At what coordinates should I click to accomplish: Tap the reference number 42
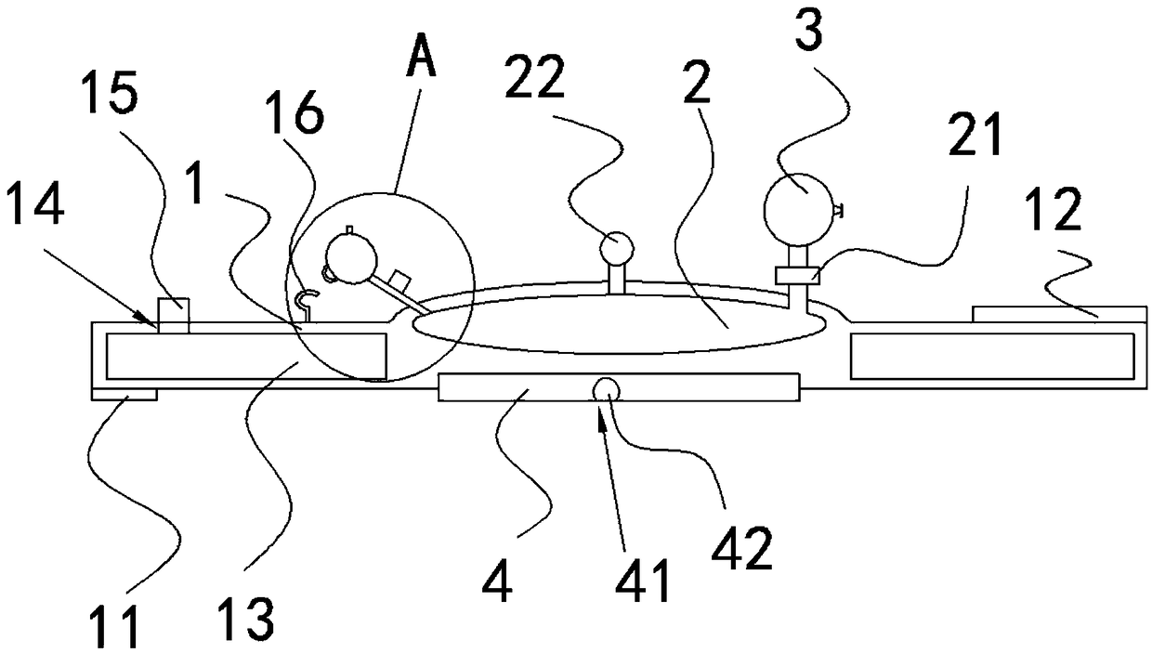(741, 549)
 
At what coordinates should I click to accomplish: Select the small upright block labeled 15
(174, 314)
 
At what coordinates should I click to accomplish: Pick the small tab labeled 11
(124, 396)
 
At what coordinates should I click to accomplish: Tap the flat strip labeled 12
(1058, 313)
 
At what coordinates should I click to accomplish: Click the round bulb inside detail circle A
(350, 257)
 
